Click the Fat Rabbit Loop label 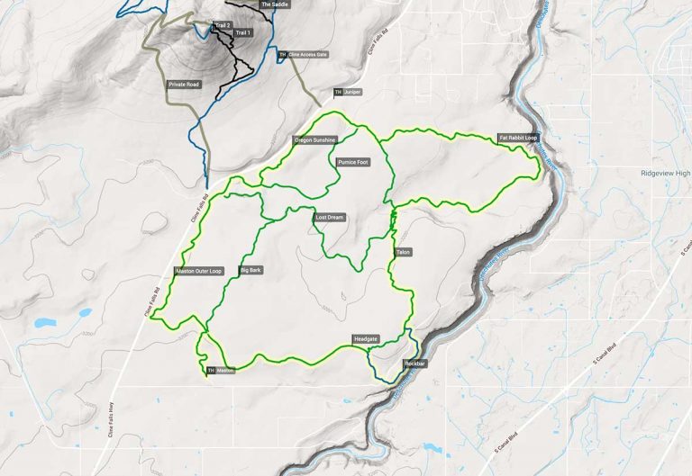(518, 139)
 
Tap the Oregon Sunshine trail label (314, 140)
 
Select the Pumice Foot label (351, 163)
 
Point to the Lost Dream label (330, 218)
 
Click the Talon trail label (402, 253)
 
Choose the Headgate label (365, 338)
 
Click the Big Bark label (250, 270)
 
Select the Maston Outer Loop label (198, 271)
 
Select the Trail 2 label (223, 25)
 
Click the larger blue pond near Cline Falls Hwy (42, 322)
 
